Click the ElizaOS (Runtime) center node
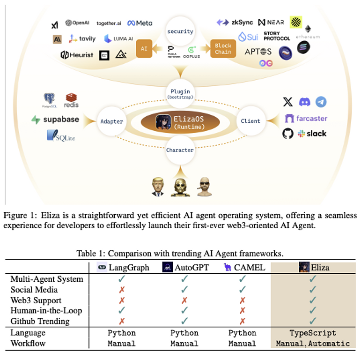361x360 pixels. pyautogui.click(x=181, y=121)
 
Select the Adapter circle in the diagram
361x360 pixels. pyautogui.click(x=111, y=121)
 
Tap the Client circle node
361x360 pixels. pyautogui.click(x=250, y=121)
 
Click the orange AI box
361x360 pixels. pyautogui.click(x=144, y=49)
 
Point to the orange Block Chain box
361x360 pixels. pyautogui.click(x=223, y=49)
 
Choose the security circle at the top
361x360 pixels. pyautogui.click(x=180, y=31)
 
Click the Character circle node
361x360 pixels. pyautogui.click(x=180, y=150)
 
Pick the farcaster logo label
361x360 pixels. pyautogui.click(x=306, y=119)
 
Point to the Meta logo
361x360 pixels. pyautogui.click(x=140, y=23)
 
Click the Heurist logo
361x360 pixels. pyautogui.click(x=77, y=55)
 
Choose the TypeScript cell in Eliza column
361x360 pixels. pyautogui.click(x=312, y=333)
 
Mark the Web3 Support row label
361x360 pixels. pyautogui.click(x=36, y=300)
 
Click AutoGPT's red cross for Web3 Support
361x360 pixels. pyautogui.click(x=184, y=300)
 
